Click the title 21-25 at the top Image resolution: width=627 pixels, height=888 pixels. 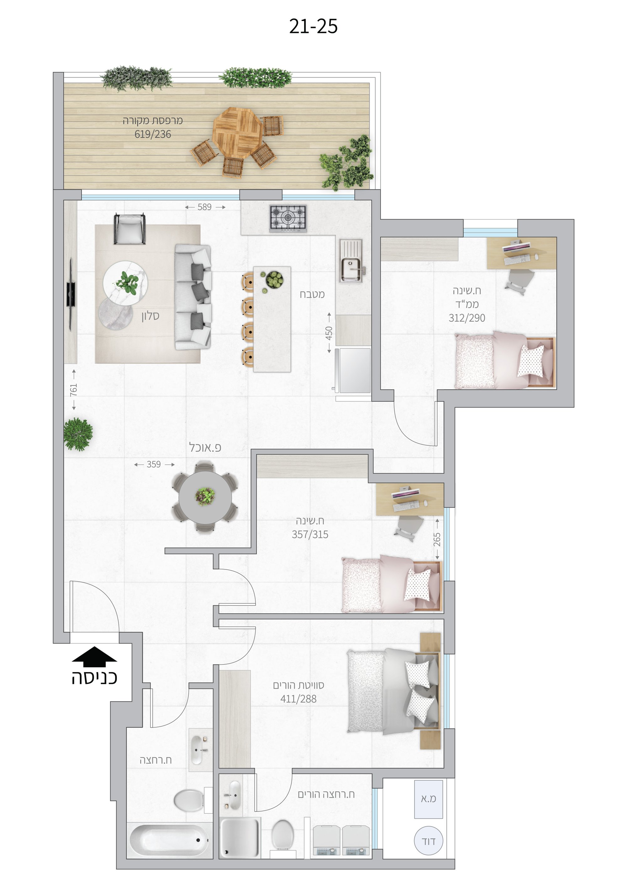pos(313,27)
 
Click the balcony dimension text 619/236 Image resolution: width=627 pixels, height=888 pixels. pos(153,134)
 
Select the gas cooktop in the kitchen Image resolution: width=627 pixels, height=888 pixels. pos(288,219)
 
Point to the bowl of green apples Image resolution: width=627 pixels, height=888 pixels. pos(274,279)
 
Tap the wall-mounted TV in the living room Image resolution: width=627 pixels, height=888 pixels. pos(71,294)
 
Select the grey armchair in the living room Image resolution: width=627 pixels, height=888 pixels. pos(130,229)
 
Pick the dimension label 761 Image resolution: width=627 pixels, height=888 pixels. pos(73,390)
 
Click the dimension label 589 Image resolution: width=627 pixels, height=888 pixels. pos(204,207)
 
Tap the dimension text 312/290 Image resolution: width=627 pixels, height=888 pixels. pos(467,318)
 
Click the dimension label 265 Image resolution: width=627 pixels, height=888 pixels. pos(437,540)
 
